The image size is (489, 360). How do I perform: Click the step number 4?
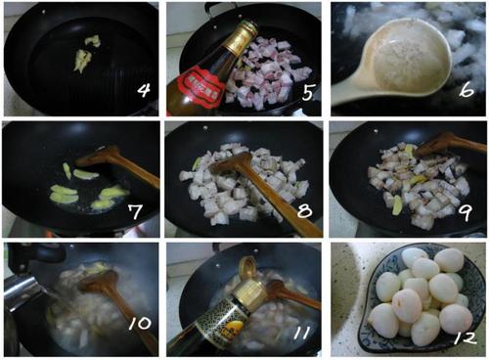[143, 93]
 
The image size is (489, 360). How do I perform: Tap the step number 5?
[305, 95]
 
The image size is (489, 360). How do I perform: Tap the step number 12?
[464, 337]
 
